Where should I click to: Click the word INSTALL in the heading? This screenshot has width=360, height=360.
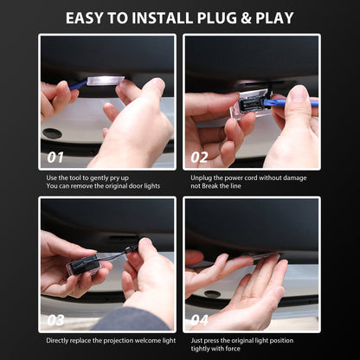[163, 18]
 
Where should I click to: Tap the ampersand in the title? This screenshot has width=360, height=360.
[246, 18]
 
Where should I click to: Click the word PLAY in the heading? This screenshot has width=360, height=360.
[274, 18]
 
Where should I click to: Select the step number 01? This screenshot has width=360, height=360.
[55, 157]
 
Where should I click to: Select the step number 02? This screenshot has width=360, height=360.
[199, 157]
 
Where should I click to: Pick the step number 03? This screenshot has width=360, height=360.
[55, 320]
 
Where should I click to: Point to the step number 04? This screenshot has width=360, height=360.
[199, 320]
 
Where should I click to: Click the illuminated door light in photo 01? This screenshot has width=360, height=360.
[106, 80]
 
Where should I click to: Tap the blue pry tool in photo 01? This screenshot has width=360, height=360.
[78, 85]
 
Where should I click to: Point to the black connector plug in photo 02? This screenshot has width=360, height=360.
[253, 103]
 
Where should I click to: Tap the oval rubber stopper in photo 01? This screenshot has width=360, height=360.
[52, 133]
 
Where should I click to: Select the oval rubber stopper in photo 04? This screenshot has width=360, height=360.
[212, 294]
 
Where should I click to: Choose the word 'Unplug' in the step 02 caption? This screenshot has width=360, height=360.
[201, 178]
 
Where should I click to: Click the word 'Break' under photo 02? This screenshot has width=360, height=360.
[210, 186]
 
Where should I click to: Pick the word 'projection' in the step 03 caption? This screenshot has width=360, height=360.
[119, 341]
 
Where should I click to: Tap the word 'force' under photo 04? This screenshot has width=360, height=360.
[233, 349]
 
